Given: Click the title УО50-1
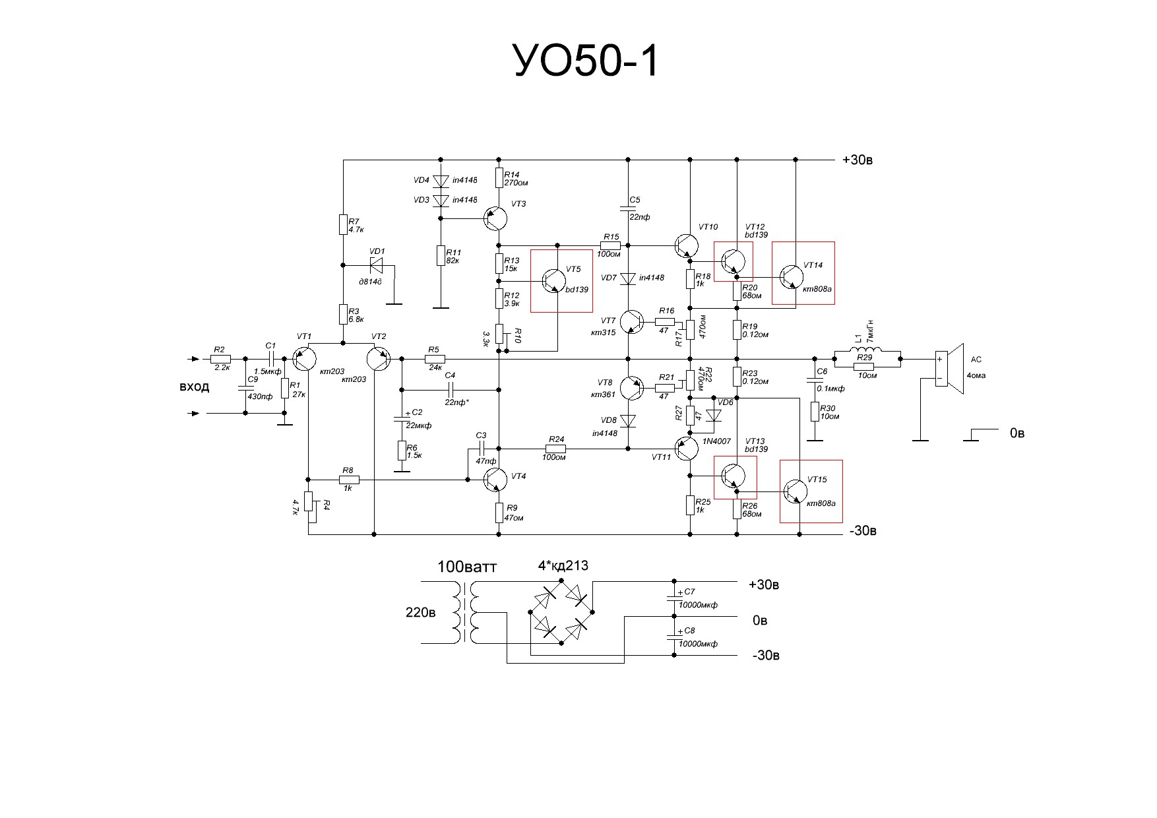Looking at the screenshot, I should (x=585, y=63).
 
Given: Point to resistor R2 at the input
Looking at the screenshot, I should (x=220, y=360).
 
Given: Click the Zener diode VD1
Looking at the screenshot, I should (x=377, y=265).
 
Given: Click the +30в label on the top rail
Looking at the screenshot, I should (x=858, y=160).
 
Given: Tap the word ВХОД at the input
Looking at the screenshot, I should (x=194, y=387).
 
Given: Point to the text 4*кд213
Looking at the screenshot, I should (x=563, y=565).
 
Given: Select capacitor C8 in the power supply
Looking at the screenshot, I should (x=674, y=635).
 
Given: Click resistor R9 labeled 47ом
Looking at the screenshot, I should (x=499, y=513).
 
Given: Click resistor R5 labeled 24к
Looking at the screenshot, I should (x=435, y=360).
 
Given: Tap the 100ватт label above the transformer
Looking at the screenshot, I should (x=467, y=567).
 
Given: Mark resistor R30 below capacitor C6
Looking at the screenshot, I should (x=815, y=412).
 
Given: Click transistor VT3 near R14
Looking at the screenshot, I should (x=495, y=218).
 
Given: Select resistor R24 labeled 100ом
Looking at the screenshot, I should (x=555, y=449).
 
